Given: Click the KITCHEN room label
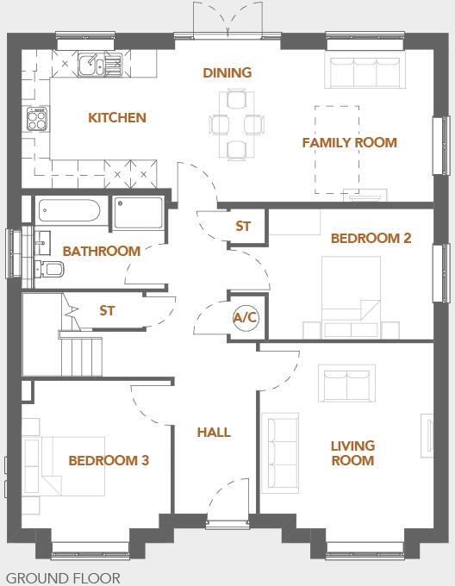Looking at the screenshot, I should (117, 118).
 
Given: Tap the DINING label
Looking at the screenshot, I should (227, 72).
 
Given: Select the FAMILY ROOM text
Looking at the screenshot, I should (349, 142).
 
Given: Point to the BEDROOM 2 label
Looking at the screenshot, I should (371, 238).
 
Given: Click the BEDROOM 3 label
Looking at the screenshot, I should (109, 461).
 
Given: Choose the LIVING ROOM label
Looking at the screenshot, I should (352, 453).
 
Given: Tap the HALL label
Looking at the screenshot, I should (214, 432).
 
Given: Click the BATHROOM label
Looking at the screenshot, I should (101, 252).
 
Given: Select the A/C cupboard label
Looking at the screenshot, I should (246, 318).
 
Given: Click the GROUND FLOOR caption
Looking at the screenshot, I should (63, 578).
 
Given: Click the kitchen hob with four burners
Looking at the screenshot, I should (37, 119).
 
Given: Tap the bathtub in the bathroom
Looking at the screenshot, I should (71, 212).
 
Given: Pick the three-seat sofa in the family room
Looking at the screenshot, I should (365, 72).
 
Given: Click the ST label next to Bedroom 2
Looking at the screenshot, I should (243, 227).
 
